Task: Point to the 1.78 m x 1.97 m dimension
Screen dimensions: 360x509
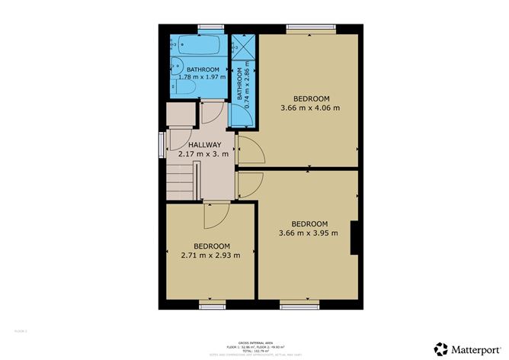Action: coord(197,77)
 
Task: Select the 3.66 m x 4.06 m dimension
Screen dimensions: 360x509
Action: coord(310,108)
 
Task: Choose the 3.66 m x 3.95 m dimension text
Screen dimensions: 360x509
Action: coord(309,233)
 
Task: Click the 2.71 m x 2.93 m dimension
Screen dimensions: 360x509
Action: coord(210,255)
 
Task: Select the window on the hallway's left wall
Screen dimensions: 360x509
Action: coord(162,144)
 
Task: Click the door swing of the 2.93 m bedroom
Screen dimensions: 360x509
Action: coord(214,217)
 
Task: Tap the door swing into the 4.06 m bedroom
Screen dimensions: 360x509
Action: coord(251,149)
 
